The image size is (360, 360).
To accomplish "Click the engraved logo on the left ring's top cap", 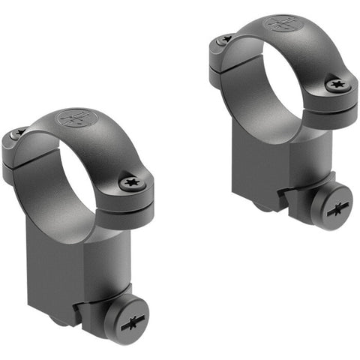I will coord(75,120).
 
